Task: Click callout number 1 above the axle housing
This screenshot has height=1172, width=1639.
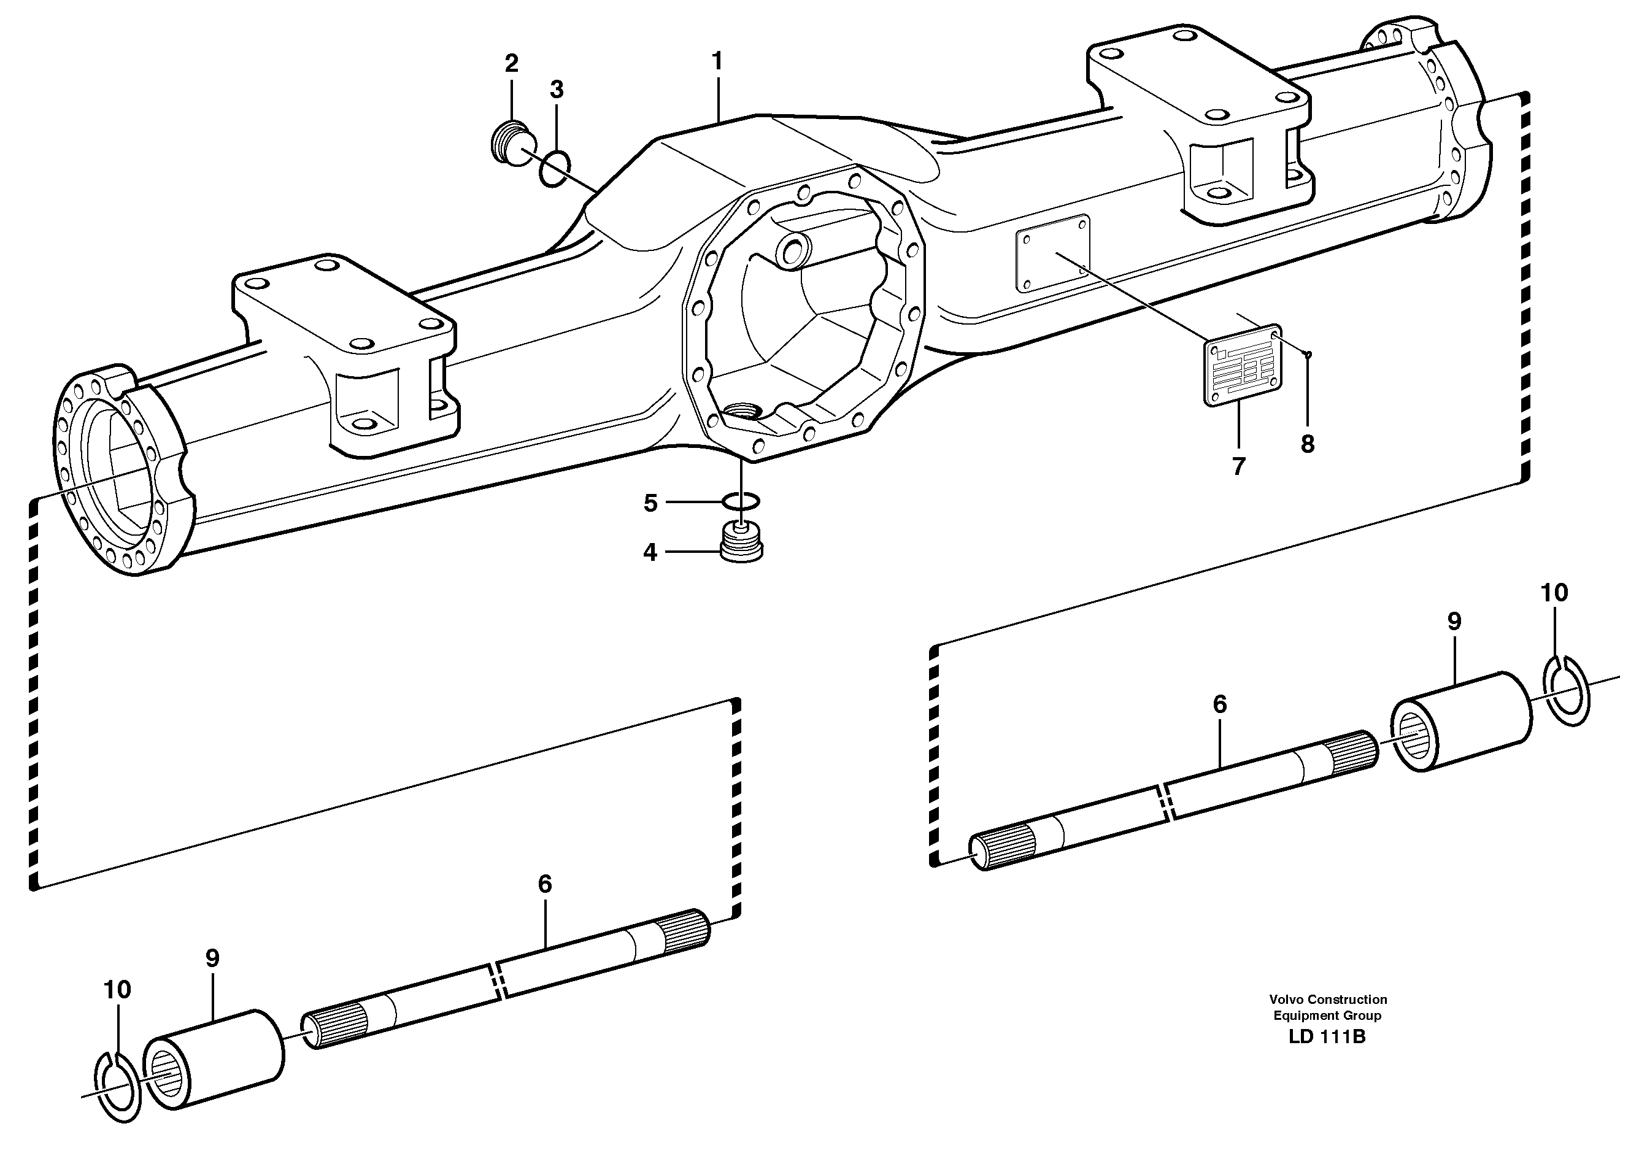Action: pos(717,61)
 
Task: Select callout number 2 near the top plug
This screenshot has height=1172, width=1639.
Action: pos(511,63)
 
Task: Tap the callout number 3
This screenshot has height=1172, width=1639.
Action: pos(556,90)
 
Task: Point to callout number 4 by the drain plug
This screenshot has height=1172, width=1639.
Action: pos(650,553)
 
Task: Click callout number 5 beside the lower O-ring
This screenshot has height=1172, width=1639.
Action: pos(650,503)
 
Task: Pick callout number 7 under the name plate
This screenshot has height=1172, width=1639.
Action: pos(1238,466)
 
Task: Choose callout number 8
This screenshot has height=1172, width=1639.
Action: pos(1308,444)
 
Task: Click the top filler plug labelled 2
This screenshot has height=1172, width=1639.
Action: pos(509,142)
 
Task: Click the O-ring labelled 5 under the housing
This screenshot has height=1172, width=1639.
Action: pos(741,500)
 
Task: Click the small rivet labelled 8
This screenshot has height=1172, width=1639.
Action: pos(1308,353)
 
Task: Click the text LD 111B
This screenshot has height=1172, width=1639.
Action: pos(1327,1038)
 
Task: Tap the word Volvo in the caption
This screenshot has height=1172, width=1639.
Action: pos(1285,1000)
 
